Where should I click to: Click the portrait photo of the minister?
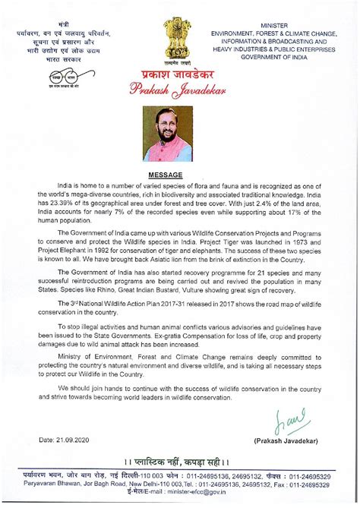[x=179, y=134]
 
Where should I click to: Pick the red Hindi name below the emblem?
[x=179, y=75]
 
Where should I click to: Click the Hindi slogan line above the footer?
[x=180, y=460]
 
